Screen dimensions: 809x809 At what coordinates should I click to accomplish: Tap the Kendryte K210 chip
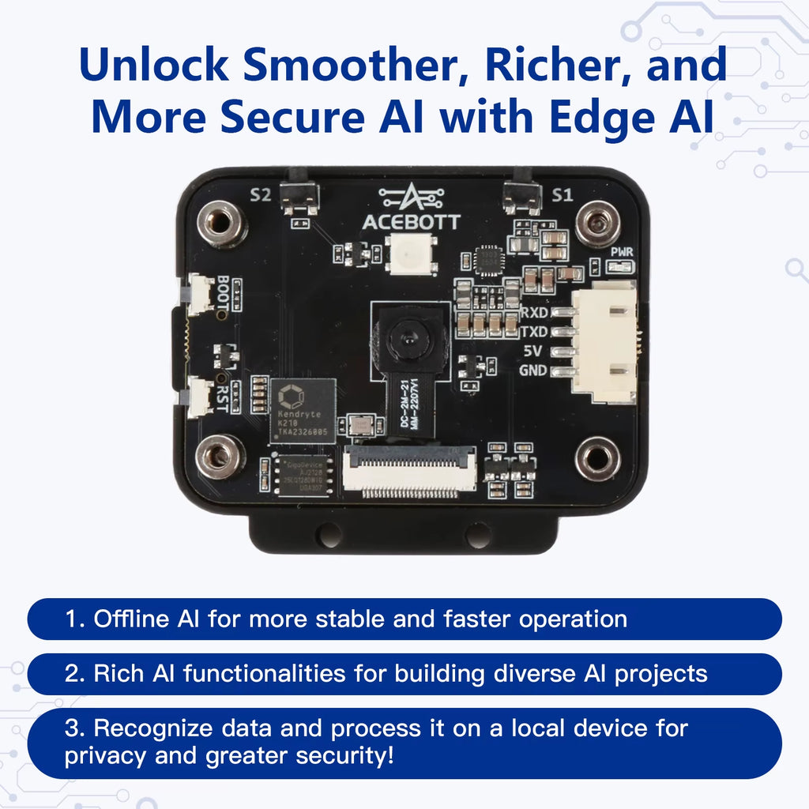click(x=303, y=408)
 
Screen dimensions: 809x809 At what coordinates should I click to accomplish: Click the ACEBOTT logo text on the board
click(x=410, y=222)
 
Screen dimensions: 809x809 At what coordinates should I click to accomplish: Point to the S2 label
click(x=260, y=195)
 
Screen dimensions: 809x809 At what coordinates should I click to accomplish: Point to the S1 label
click(x=562, y=195)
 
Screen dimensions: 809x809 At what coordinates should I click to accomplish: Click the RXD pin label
click(x=534, y=313)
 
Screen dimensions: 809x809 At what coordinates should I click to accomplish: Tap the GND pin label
click(x=534, y=371)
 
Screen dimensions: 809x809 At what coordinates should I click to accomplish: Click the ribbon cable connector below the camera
click(x=410, y=472)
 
